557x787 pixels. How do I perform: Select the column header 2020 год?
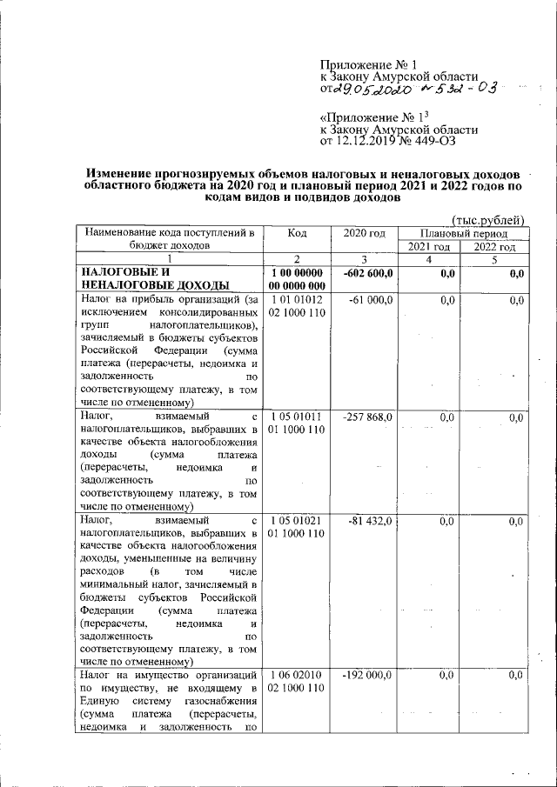click(364, 233)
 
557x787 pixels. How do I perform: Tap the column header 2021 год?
click(428, 247)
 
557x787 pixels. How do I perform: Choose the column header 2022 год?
click(493, 247)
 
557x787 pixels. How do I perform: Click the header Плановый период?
click(460, 233)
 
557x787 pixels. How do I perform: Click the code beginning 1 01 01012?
click(297, 305)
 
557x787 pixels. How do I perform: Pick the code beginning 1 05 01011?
click(297, 424)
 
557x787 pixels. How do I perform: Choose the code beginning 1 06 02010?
click(297, 681)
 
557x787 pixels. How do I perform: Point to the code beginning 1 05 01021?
click(297, 525)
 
